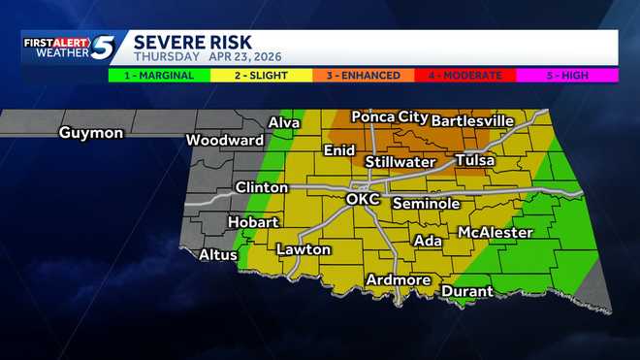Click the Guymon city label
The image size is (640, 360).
coord(91,133)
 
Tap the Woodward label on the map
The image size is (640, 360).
coord(225,140)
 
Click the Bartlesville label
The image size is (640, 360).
coord(472,120)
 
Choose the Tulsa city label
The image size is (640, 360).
coord(474,160)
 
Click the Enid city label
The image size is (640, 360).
coord(339,150)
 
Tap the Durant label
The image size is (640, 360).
coord(467,291)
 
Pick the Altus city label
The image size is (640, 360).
coord(218,255)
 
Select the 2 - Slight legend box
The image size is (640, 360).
coord(259,75)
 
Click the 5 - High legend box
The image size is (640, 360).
coord(566,75)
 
